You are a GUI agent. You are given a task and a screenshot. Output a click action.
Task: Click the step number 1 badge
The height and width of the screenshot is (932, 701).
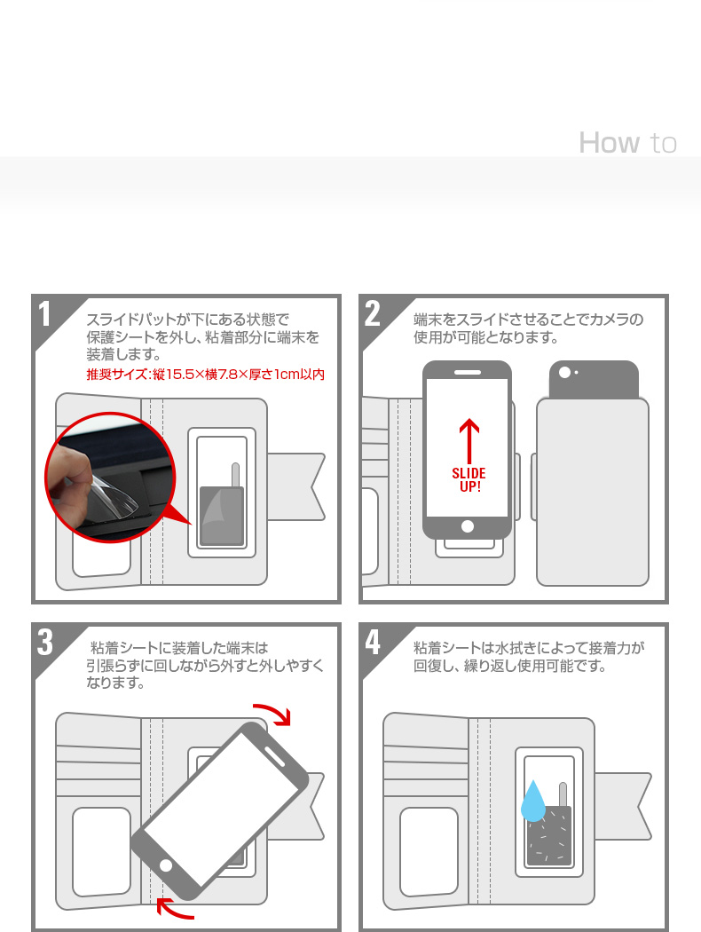(46, 314)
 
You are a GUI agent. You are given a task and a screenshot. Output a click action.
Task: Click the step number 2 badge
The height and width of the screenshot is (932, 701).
(374, 314)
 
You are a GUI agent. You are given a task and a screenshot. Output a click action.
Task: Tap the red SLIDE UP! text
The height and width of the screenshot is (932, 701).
(468, 480)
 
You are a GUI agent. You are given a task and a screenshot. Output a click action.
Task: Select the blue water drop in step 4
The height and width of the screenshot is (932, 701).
(532, 802)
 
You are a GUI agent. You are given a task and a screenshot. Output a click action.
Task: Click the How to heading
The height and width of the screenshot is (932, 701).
(627, 143)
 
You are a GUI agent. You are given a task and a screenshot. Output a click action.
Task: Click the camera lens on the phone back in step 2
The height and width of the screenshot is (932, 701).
(565, 372)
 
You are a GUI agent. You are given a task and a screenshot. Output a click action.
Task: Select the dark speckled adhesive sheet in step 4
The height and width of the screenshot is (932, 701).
(547, 836)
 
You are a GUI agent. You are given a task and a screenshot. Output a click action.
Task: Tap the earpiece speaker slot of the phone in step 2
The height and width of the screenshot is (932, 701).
(468, 371)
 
